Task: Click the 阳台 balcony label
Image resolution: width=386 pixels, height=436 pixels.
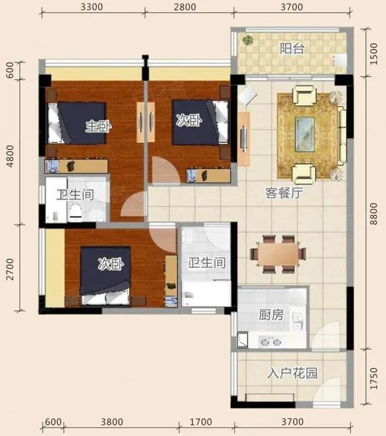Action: point(292,49)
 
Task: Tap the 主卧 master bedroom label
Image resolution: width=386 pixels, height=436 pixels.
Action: point(98,126)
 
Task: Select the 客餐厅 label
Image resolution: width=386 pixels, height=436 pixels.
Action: point(284,193)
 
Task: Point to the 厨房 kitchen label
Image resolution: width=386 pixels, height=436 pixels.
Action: point(271,314)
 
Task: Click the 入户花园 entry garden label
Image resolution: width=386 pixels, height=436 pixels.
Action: point(293,373)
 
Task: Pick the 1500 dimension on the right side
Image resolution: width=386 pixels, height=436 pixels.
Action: point(374,54)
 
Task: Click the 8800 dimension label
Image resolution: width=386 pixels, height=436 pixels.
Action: point(374,214)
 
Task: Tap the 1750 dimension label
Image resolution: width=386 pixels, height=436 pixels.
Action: point(374,378)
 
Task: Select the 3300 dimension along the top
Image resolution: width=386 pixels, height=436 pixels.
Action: point(92,7)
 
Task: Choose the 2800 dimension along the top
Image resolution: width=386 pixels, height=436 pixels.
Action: point(185,7)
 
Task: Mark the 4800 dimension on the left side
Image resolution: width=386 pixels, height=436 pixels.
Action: point(10,157)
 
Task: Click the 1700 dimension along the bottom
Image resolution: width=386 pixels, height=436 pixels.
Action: point(201,422)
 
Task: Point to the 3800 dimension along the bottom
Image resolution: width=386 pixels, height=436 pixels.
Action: point(112,422)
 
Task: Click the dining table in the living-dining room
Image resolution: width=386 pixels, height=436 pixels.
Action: point(277,254)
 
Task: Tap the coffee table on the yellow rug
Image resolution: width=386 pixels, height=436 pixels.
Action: point(305,135)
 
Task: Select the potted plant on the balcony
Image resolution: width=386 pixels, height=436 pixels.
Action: point(247,40)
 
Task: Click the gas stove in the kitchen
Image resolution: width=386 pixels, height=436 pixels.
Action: point(269,342)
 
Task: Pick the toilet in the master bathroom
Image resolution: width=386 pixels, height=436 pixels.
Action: point(75,211)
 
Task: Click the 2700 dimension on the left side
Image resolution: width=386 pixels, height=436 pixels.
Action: point(10,269)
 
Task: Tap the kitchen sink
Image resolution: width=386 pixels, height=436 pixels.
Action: point(297,321)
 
